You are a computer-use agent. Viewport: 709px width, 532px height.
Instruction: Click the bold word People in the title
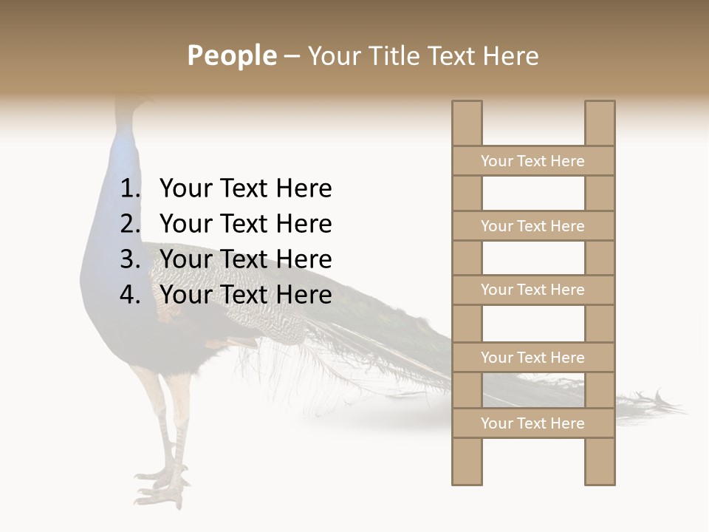tap(231, 55)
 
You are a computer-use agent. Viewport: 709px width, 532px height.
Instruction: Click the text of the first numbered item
tap(245, 189)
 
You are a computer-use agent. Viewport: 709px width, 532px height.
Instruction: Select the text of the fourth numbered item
tap(245, 295)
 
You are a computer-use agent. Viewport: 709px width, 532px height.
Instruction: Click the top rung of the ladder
tap(532, 161)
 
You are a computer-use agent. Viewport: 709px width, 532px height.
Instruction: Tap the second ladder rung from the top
tap(532, 226)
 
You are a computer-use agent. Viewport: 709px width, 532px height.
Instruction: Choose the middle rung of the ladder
tap(532, 290)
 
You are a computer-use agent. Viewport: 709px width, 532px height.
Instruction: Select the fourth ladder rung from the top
tap(532, 358)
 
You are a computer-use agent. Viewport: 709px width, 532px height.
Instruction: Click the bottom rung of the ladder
tap(532, 423)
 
